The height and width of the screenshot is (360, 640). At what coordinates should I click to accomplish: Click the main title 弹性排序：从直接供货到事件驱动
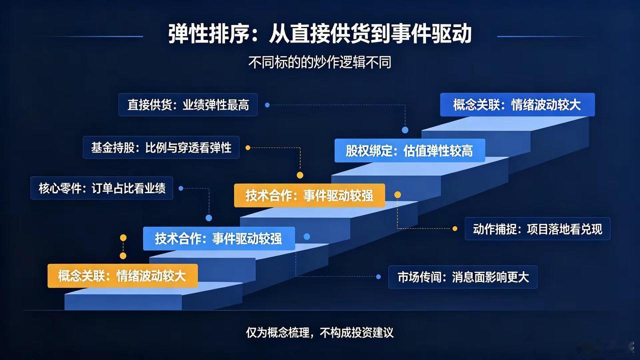click(x=319, y=34)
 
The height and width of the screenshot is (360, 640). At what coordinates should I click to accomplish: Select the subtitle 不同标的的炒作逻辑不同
click(x=319, y=62)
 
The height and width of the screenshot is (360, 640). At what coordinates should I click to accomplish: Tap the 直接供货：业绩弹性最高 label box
click(x=188, y=104)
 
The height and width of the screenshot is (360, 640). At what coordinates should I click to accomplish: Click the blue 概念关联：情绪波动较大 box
click(x=517, y=104)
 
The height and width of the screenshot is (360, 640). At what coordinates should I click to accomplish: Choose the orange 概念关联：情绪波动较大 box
click(x=122, y=275)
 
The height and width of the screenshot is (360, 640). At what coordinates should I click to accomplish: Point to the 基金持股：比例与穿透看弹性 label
click(x=161, y=147)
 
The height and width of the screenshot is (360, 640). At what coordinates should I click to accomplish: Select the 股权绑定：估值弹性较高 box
click(x=409, y=150)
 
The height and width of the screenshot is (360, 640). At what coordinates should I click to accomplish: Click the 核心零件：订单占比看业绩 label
click(x=101, y=188)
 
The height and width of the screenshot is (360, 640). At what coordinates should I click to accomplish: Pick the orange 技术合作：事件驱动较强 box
click(x=309, y=195)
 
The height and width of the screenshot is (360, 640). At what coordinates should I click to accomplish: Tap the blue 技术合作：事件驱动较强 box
click(x=219, y=238)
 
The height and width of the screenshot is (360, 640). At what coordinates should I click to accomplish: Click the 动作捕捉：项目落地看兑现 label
click(x=537, y=228)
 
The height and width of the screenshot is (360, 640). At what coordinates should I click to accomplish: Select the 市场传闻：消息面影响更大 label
click(x=463, y=277)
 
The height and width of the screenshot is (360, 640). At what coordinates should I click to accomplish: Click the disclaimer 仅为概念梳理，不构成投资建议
click(x=319, y=332)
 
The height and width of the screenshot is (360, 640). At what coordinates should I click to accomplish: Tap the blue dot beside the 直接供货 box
click(x=267, y=105)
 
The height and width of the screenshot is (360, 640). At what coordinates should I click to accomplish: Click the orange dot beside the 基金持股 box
click(x=247, y=147)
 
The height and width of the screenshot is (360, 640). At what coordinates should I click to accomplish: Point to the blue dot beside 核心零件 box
click(x=181, y=188)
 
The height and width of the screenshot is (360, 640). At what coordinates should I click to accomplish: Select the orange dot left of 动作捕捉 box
click(x=455, y=228)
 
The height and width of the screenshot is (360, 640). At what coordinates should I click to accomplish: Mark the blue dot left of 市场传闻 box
click(x=378, y=276)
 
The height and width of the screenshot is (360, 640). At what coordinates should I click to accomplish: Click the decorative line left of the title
click(x=91, y=36)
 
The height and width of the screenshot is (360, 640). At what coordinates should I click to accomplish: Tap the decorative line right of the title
click(x=548, y=36)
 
